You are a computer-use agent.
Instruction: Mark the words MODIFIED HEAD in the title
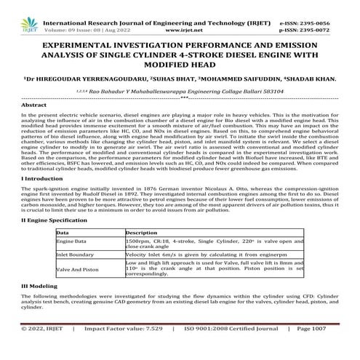click(x=180, y=64)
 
